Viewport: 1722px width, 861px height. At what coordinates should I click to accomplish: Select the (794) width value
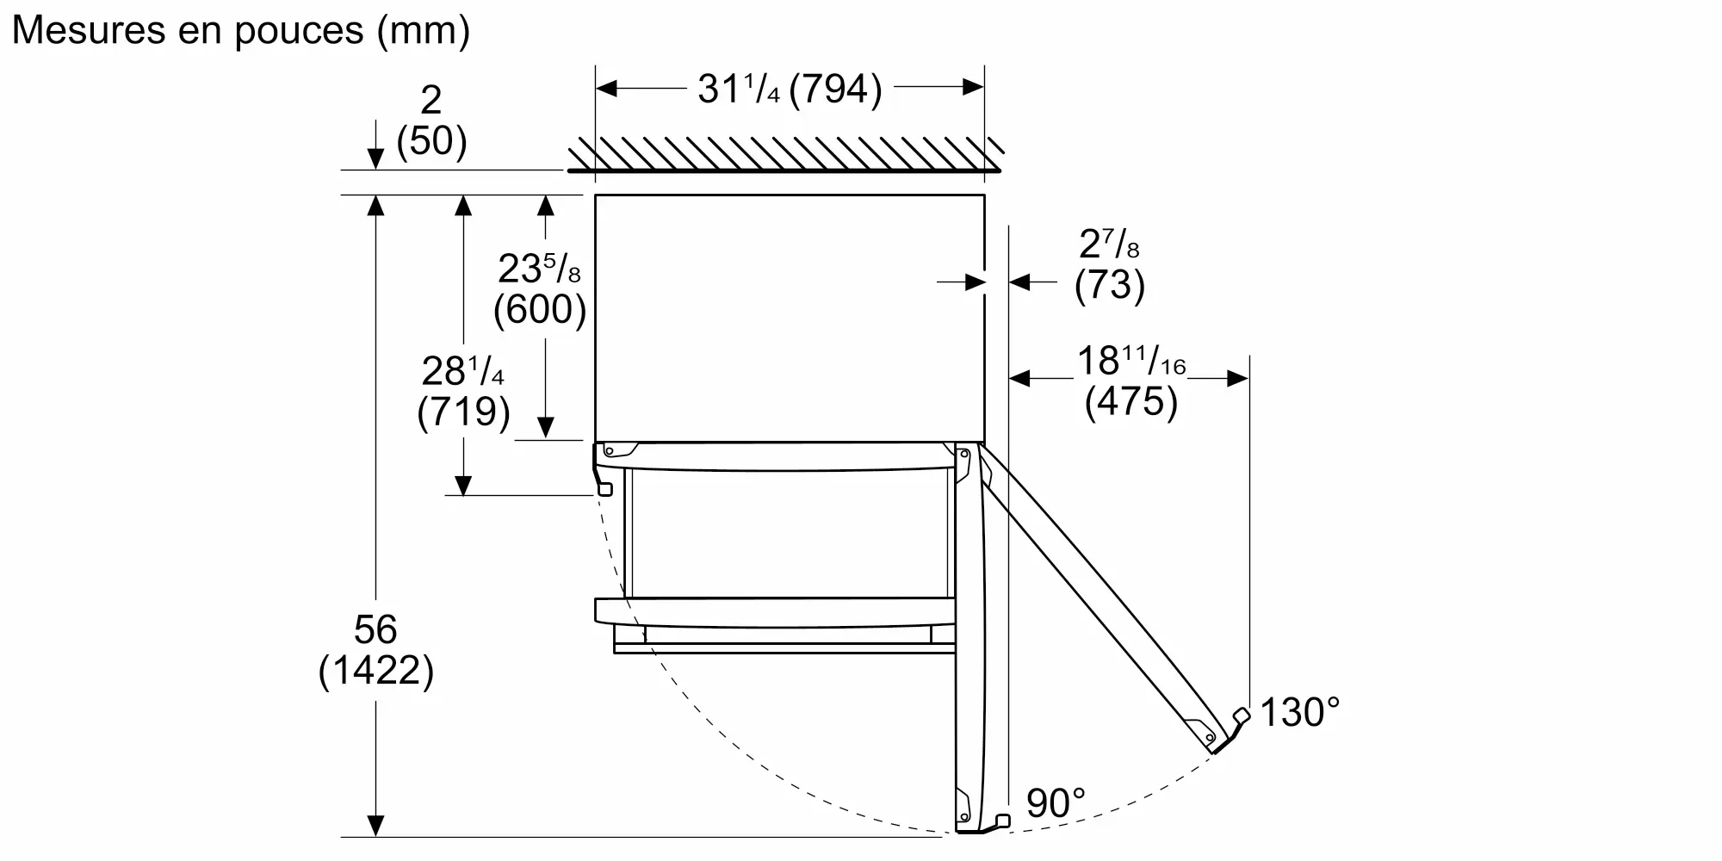[x=835, y=89]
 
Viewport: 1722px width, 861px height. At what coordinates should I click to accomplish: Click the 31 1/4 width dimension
[x=739, y=88]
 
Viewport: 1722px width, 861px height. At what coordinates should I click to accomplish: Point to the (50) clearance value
[x=432, y=140]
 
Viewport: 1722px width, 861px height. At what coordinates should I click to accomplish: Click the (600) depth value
[x=540, y=309]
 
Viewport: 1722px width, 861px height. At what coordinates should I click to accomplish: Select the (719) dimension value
[x=463, y=412]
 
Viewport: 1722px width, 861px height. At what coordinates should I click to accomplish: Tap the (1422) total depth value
[x=376, y=670]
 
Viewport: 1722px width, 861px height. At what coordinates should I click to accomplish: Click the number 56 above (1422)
[x=375, y=629]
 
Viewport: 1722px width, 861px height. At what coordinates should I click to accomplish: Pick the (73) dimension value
[x=1110, y=285]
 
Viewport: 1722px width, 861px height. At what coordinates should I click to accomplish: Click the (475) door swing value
[x=1131, y=401]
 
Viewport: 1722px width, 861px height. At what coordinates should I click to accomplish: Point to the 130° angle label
[x=1300, y=712]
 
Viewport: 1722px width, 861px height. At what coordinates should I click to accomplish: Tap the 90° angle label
[x=1056, y=802]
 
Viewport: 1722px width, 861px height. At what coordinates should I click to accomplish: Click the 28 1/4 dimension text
[x=463, y=371]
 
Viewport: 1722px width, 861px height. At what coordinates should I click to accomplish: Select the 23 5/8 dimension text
[x=540, y=269]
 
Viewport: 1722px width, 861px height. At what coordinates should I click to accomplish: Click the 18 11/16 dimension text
[x=1131, y=361]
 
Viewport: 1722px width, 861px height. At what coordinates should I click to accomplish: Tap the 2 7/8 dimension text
[x=1110, y=245]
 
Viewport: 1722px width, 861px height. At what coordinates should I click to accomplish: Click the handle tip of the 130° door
[x=1242, y=715]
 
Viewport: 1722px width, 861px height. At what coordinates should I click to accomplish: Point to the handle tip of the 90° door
[x=1002, y=820]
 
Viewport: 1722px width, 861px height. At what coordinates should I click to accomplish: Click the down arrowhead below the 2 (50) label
[x=375, y=159]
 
